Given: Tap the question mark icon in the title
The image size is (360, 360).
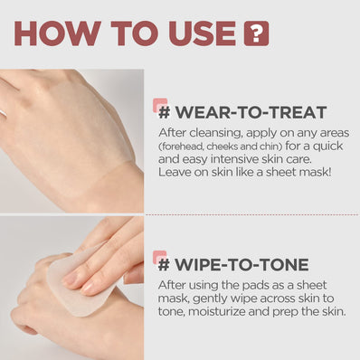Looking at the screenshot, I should (x=257, y=34).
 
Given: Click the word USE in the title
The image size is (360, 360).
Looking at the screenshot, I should (x=198, y=33).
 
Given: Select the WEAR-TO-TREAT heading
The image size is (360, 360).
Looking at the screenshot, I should (x=241, y=114).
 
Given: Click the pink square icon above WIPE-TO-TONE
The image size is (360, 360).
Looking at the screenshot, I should (x=159, y=257).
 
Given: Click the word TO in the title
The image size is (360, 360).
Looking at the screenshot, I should (x=130, y=33).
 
